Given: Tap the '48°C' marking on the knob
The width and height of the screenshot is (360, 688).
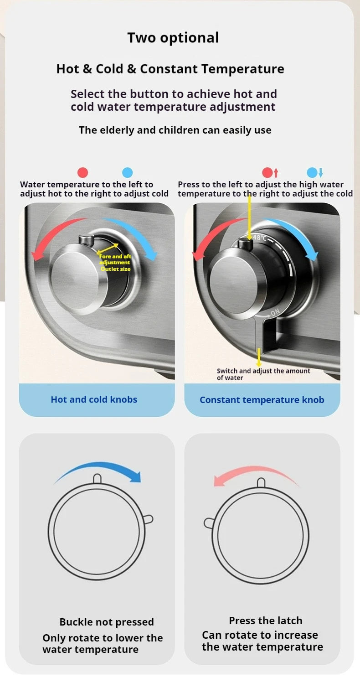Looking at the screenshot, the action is click(260, 238).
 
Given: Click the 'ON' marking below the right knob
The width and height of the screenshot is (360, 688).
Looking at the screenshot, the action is click(275, 312).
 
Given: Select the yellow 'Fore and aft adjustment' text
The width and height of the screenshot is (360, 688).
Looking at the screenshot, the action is click(115, 259).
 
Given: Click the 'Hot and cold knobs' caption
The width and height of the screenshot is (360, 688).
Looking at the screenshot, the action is click(94, 399).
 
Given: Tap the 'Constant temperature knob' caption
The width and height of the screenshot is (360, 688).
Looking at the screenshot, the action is click(262, 400).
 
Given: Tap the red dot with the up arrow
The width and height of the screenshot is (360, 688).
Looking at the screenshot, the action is click(270, 173).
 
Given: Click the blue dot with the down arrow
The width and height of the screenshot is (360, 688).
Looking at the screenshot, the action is click(315, 173).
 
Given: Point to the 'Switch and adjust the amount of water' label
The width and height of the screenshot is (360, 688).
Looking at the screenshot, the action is click(263, 374).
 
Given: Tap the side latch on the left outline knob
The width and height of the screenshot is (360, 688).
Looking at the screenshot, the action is click(148, 519).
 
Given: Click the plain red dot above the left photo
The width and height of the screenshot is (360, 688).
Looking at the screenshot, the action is click(82, 173).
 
